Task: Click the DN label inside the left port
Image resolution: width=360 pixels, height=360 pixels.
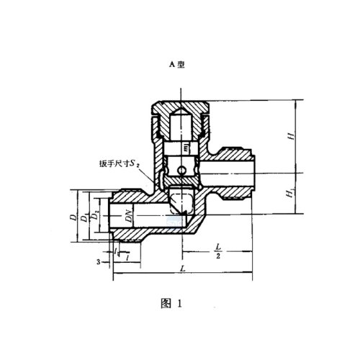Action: point(127,214)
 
